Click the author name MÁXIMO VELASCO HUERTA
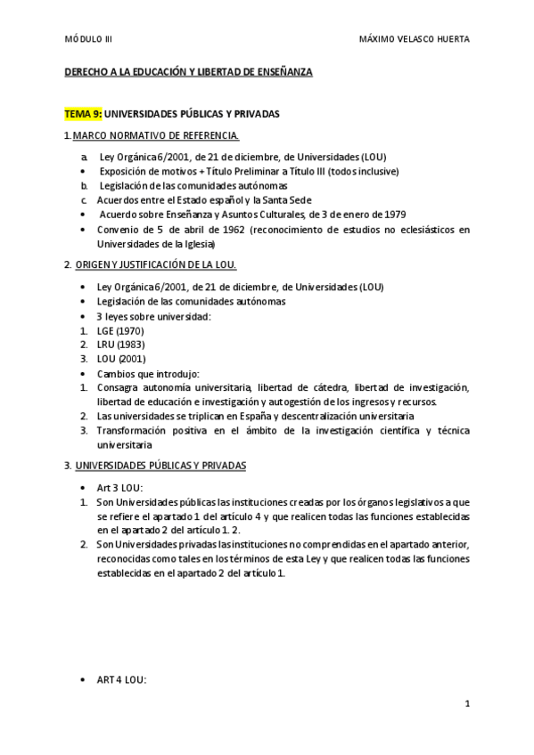[414, 39]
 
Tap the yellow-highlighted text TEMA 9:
[83, 114]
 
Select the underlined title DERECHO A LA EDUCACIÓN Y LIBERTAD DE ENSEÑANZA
[187, 71]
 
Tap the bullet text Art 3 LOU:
[119, 488]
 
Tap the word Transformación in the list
[132, 431]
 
